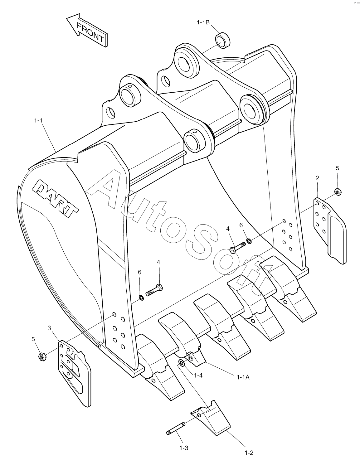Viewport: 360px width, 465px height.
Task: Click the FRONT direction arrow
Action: (x=87, y=31)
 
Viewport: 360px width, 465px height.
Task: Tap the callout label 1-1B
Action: (x=203, y=22)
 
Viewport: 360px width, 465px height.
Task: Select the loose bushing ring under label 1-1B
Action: (x=222, y=41)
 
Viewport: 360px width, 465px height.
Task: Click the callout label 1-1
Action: (x=38, y=121)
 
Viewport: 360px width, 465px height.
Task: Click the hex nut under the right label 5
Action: (x=338, y=191)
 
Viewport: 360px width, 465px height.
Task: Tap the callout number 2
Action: (x=317, y=178)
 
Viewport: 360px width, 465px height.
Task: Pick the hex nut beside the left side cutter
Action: (x=42, y=356)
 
